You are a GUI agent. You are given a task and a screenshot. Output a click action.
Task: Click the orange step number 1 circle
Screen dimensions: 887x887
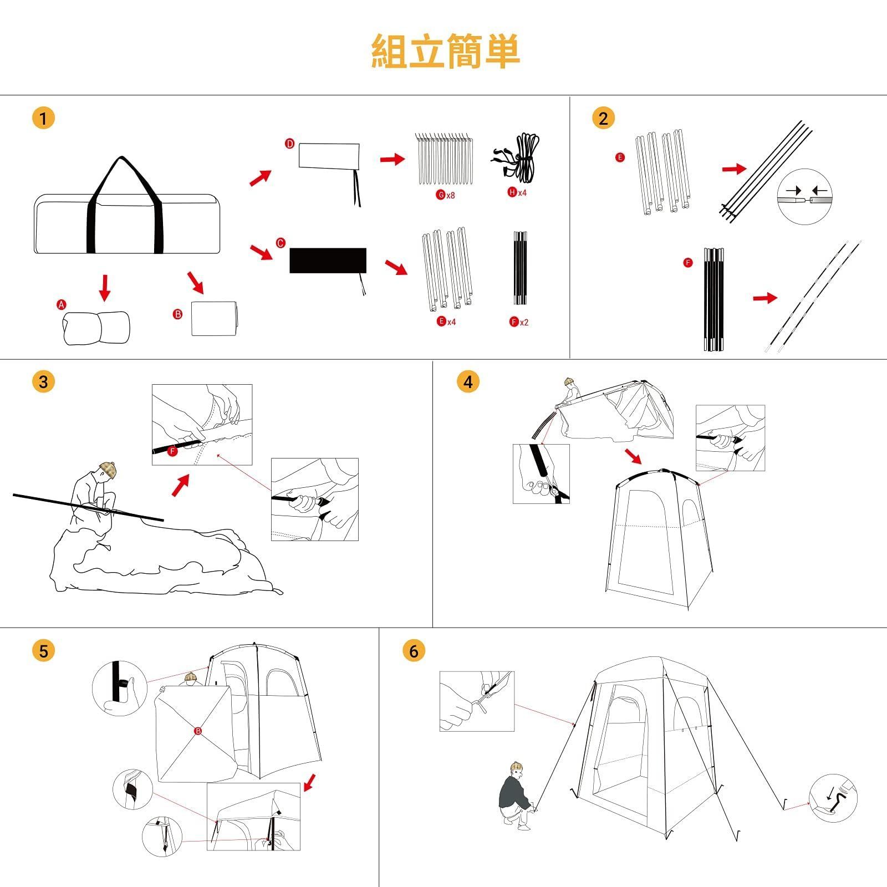tap(44, 118)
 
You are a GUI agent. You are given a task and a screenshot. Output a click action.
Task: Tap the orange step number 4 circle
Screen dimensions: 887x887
tap(468, 382)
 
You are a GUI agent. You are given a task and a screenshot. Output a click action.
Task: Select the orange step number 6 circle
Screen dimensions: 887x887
tap(414, 650)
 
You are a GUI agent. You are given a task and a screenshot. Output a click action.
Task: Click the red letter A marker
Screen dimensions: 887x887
tap(62, 305)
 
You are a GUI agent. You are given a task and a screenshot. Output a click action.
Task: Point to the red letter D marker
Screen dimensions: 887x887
tap(289, 144)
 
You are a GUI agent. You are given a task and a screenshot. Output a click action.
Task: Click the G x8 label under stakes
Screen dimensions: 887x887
tap(445, 195)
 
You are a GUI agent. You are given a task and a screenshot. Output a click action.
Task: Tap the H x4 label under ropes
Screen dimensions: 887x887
tap(517, 192)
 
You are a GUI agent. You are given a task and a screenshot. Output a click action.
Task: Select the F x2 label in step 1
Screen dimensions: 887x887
tap(519, 322)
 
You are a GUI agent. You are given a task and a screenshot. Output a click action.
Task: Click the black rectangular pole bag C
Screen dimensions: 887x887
tap(328, 261)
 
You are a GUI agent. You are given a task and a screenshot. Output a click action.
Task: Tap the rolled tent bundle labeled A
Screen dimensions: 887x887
tap(96, 328)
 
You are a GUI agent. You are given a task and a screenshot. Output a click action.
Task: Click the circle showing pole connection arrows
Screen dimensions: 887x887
tap(804, 197)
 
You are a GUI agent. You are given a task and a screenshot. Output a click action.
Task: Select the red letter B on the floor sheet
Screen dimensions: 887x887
tap(198, 731)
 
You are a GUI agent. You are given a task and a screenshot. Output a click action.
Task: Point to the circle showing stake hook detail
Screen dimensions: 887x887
tap(833, 798)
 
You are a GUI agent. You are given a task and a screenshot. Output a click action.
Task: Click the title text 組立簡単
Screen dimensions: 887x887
tap(445, 51)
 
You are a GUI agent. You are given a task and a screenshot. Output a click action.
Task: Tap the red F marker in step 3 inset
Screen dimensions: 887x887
tap(172, 451)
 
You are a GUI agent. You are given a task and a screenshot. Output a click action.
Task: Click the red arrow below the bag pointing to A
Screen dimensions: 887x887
tap(104, 287)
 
